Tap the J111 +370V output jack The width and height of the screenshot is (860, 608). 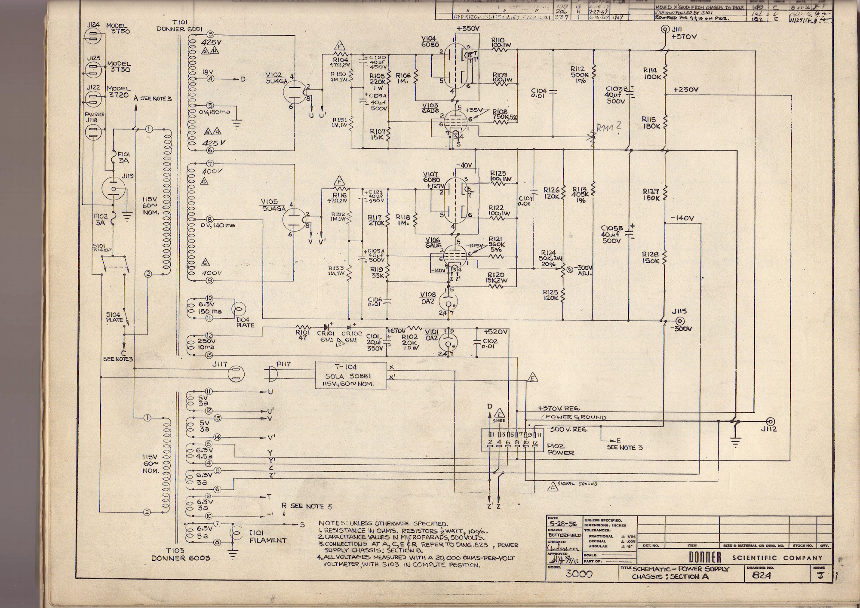(665, 30)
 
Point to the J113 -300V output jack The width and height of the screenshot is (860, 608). (679, 321)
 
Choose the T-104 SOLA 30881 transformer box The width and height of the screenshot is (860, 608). (350, 375)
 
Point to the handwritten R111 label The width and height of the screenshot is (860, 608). (605, 128)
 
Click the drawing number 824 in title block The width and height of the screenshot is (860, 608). (762, 575)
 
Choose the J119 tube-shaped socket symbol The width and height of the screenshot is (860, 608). (114, 188)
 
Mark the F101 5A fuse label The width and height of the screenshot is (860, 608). (123, 157)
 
